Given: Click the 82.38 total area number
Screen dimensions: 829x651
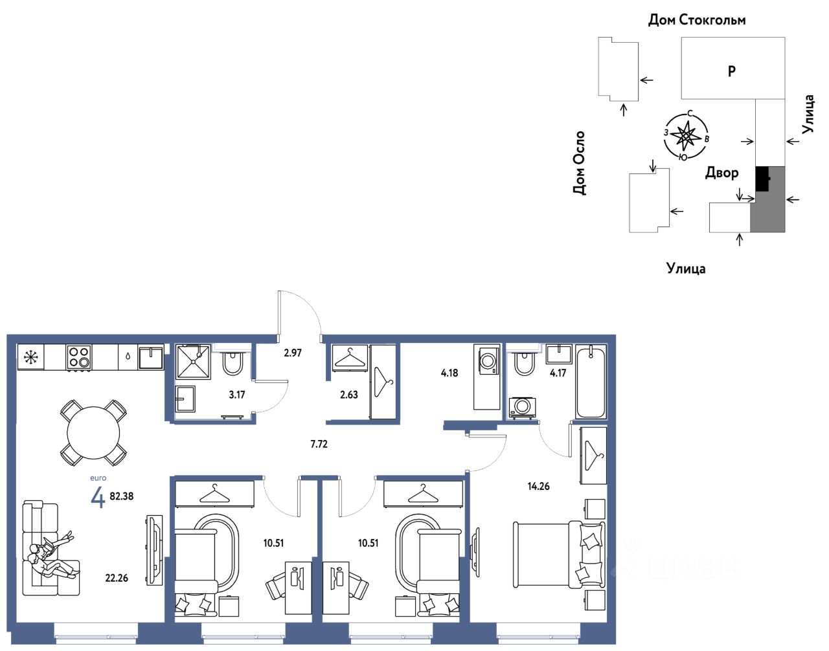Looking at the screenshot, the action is pos(122,496).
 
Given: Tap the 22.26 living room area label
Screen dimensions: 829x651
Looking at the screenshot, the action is pos(117,579).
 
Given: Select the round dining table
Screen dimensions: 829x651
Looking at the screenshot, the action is pos(93,433).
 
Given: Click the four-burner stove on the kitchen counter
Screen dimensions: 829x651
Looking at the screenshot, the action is pos(78,357).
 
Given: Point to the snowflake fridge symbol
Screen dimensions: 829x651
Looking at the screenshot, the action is pos(30,357).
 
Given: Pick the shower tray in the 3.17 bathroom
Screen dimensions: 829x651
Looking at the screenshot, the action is pos(193,362).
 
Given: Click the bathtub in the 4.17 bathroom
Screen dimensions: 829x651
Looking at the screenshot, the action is pos(591,382).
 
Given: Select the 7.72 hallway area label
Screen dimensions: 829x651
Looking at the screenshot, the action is pos(319,444).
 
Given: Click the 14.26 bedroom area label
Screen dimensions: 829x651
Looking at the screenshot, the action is pos(539,486).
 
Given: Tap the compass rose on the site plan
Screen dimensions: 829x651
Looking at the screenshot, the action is pos(686,136).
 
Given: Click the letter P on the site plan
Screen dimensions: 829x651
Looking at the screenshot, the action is pos(732,71).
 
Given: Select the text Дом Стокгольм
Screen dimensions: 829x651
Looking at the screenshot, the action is pos(697,20).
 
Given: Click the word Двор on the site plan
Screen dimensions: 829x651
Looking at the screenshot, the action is pos(721,173).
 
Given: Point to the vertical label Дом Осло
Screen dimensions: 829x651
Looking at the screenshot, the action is pos(579,163).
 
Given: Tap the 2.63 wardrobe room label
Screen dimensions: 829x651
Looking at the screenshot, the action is pos(349,395).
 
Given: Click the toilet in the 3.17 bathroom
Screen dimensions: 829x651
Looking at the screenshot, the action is pos(233,363).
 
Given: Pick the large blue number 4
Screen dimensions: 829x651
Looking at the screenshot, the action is pos(98,498).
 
